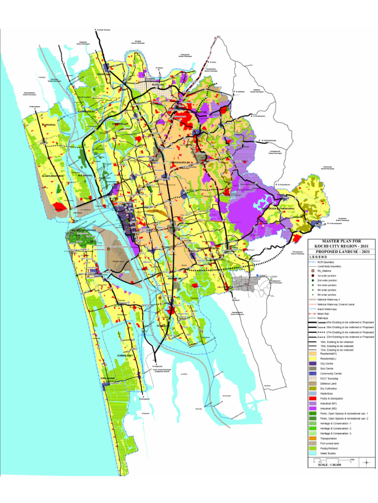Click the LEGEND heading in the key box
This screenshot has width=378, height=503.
pyautogui.click(x=318, y=257)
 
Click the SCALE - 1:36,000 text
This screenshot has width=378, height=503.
pyautogui.click(x=329, y=466)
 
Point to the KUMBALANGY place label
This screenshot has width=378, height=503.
pyautogui.click(x=126, y=354)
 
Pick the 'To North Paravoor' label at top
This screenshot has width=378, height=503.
pyautogui.click(x=103, y=30)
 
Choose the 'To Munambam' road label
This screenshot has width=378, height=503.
pyautogui.click(x=34, y=107)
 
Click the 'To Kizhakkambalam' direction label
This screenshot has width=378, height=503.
pyautogui.click(x=268, y=140)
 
